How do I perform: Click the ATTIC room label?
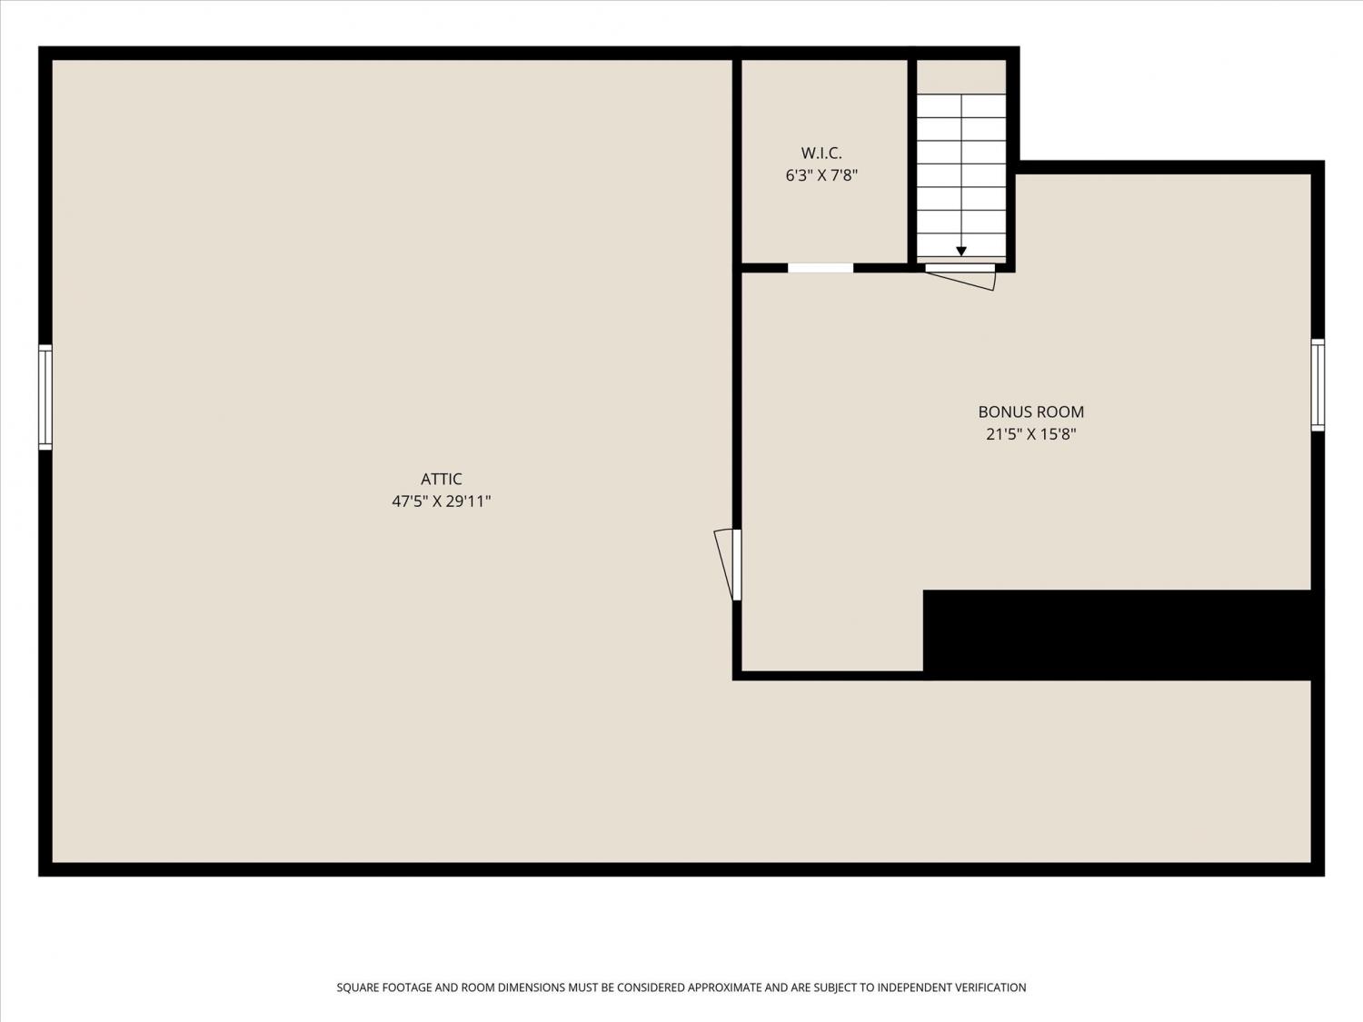point(441,479)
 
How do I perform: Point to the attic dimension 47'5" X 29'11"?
point(441,501)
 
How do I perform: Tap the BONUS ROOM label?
point(1030,412)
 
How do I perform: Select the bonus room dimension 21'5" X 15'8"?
point(1030,434)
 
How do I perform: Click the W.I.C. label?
point(821,153)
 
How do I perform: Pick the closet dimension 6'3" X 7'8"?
point(821,175)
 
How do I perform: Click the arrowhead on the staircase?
point(961,252)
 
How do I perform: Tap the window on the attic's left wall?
point(45,397)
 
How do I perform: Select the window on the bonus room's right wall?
point(1318,384)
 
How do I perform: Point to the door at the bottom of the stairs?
point(960,275)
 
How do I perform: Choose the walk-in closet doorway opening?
point(821,268)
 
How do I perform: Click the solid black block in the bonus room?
point(1118,634)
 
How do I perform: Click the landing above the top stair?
point(961,77)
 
